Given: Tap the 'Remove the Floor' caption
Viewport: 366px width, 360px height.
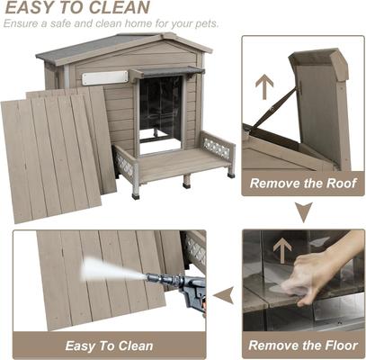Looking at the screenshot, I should (303, 345).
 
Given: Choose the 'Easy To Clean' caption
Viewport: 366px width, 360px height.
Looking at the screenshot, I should (108, 346).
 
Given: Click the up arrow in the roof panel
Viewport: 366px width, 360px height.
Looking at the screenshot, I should (264, 87).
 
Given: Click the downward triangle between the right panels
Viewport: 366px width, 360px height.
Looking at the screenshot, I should (304, 212).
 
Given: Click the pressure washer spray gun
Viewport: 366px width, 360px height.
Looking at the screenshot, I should (183, 293).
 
